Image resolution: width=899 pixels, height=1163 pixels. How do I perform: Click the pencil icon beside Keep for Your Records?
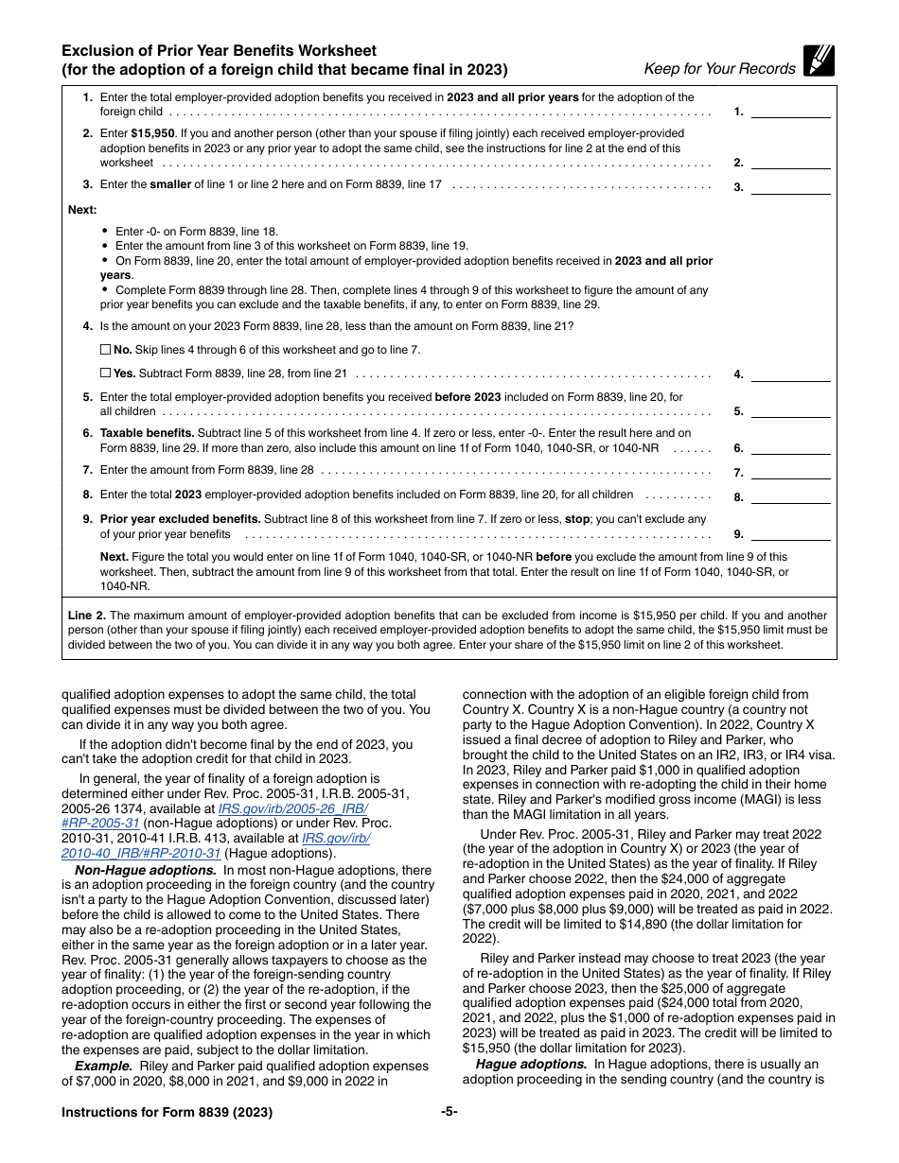[x=819, y=61]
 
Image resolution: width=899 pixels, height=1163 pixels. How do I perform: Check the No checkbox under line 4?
[x=105, y=349]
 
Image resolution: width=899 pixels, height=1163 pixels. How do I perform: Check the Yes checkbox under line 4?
[x=105, y=373]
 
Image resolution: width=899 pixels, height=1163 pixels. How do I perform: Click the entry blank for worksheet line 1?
[x=790, y=112]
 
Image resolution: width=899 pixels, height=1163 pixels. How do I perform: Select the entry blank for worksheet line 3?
[x=790, y=186]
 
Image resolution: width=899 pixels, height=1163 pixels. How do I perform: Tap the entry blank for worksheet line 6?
[x=790, y=448]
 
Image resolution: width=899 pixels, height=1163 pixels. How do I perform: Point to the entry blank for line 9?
[x=790, y=534]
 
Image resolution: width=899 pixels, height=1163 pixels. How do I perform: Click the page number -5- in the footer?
[x=449, y=1112]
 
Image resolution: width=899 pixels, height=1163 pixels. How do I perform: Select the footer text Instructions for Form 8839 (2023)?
[x=167, y=1113]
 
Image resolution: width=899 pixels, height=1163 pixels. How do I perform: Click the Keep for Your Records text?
[x=719, y=68]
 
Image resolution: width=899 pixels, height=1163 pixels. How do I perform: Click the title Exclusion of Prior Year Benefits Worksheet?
[x=219, y=51]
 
